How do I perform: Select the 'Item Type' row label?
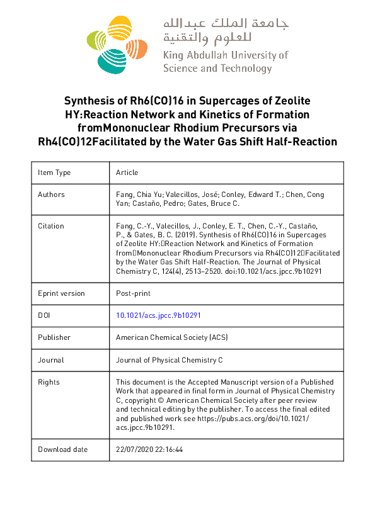[54, 172]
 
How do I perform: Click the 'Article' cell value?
[127, 172]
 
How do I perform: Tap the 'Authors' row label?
[51, 195]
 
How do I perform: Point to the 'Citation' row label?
[51, 226]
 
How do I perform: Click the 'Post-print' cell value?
[133, 293]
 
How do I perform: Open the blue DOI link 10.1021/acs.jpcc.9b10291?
[158, 315]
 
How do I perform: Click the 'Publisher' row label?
[54, 337]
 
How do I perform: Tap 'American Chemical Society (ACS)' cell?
[172, 337]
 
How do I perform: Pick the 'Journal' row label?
[50, 360]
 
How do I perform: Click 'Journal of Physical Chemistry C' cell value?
[169, 360]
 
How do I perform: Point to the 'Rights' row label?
[49, 382]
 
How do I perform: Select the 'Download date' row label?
[62, 449]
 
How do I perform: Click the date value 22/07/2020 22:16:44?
[149, 449]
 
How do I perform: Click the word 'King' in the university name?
[173, 55]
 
